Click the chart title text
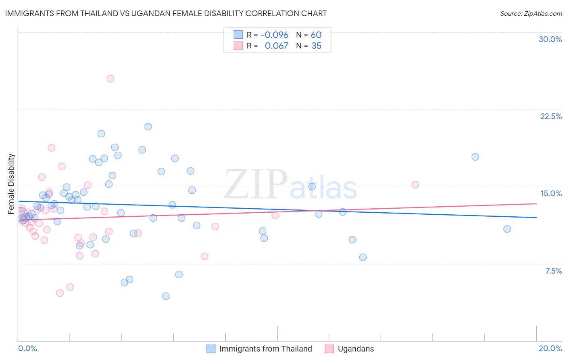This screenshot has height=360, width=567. click(x=166, y=13)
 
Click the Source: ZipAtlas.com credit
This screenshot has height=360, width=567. click(x=531, y=13)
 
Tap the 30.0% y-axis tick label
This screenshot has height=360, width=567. click(x=550, y=39)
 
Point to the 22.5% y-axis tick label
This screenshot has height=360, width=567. click(x=551, y=116)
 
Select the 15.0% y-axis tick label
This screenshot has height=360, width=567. click(x=551, y=193)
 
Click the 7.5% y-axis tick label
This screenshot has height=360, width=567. click(x=553, y=271)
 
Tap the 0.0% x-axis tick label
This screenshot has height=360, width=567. click(x=27, y=348)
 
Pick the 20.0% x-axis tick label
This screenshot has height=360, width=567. click(x=550, y=348)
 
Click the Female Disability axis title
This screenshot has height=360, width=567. click(x=11, y=184)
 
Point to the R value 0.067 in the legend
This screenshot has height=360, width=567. click(x=276, y=46)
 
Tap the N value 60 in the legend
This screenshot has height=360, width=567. click(x=316, y=35)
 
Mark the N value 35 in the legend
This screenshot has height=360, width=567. click(x=317, y=46)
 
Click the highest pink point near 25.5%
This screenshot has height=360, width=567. click(x=110, y=79)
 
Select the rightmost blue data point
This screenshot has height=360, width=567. click(x=507, y=229)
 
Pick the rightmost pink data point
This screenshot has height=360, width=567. click(x=415, y=184)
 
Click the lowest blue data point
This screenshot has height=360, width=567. click(x=166, y=296)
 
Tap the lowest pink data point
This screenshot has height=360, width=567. click(x=60, y=293)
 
